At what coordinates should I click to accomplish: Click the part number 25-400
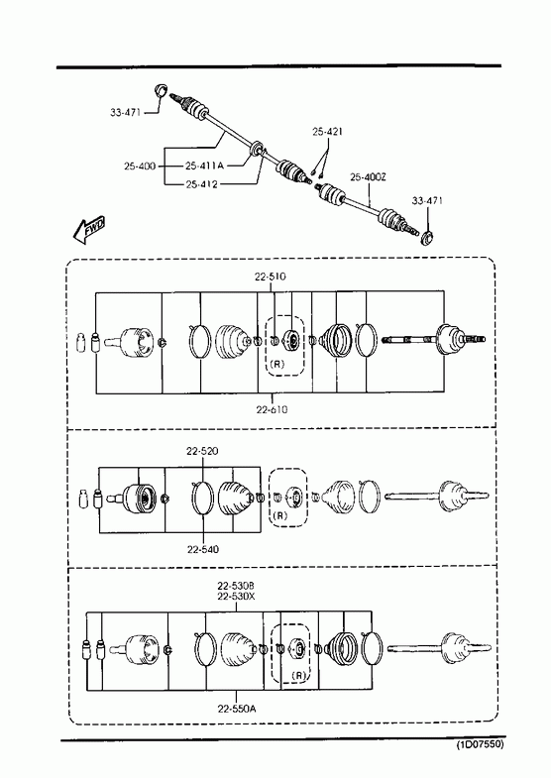[140, 166]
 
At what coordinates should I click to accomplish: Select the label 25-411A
[205, 166]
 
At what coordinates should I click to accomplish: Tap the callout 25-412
[202, 184]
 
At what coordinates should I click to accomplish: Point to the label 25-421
[328, 132]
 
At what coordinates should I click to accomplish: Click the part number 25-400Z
[368, 177]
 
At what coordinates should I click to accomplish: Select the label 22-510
[271, 277]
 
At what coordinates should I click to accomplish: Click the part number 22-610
[272, 410]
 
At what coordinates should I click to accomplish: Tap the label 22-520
[202, 451]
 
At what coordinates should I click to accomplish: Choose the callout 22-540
[203, 549]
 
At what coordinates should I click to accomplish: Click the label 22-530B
[236, 586]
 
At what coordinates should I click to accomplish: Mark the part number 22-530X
[236, 596]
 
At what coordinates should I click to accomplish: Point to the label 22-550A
[237, 709]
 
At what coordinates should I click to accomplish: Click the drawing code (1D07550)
[480, 744]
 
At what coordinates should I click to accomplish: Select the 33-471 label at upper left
[126, 113]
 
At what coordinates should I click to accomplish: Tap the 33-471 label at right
[427, 201]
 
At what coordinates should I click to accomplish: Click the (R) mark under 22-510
[277, 364]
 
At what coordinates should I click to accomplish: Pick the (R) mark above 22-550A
[299, 675]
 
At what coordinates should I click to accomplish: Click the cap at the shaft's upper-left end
[161, 90]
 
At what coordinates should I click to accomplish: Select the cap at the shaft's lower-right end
[427, 238]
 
